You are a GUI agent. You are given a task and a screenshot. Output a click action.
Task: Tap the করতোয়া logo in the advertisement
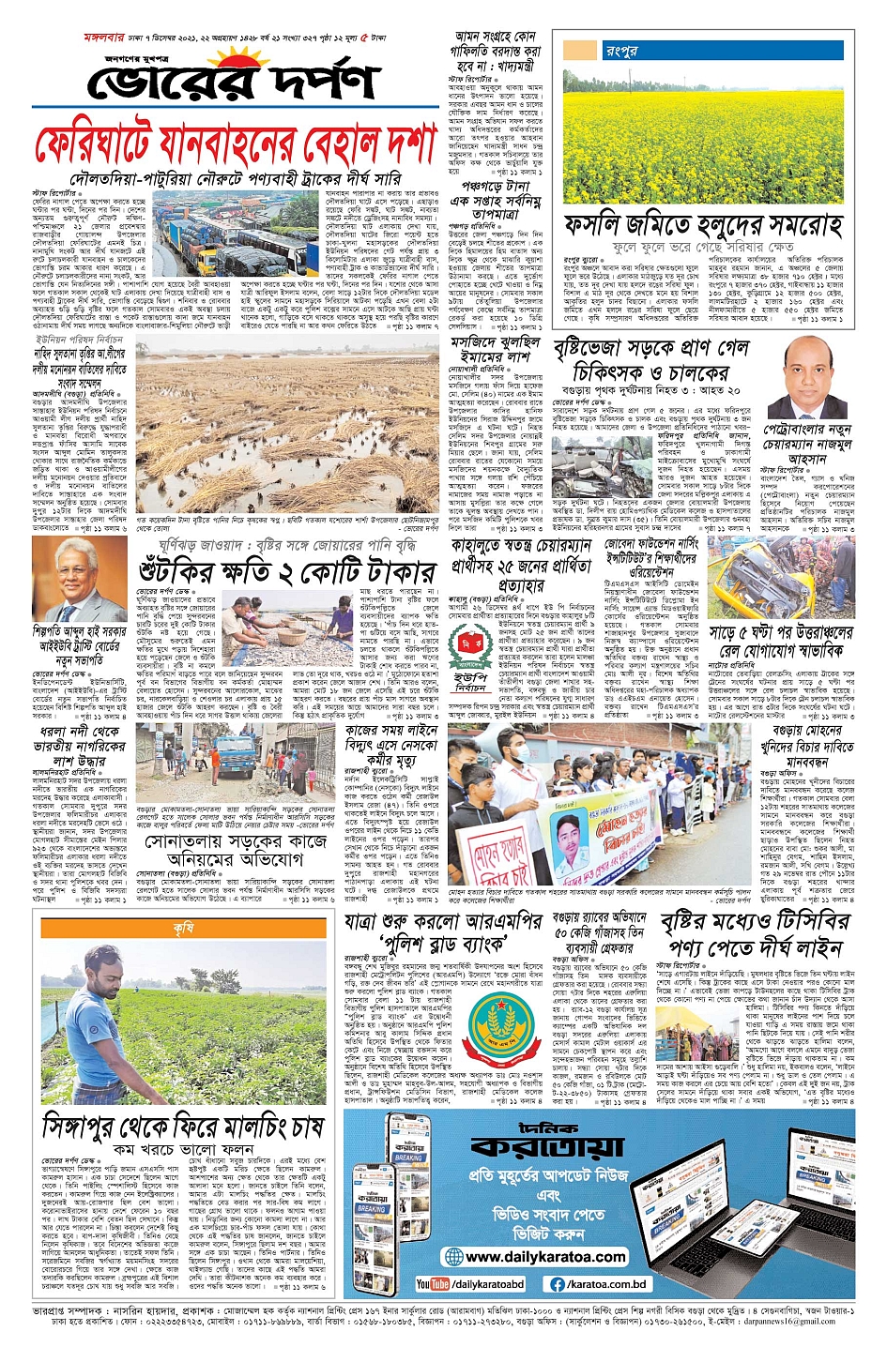click(547, 1144)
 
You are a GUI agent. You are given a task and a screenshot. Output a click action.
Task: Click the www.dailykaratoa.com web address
click(545, 1257)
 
